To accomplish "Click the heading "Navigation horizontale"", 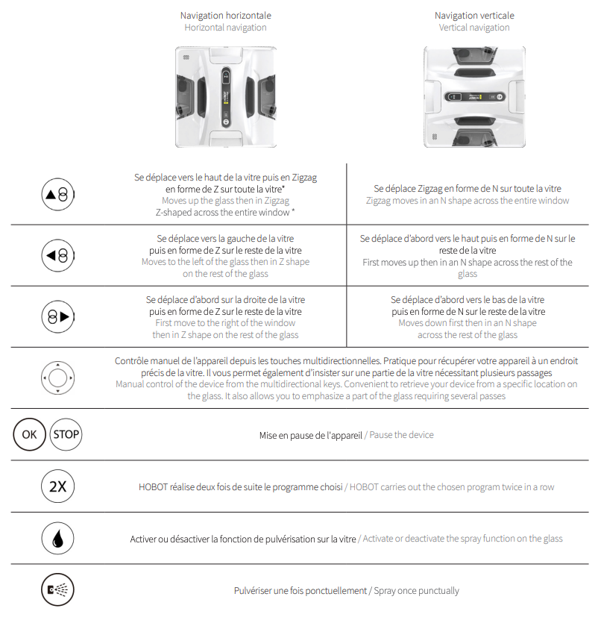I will pos(225,15).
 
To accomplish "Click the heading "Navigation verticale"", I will pos(474,15).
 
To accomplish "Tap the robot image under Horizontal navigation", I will pos(226,97).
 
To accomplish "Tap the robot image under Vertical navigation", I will pos(474,97).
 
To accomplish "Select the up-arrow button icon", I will pos(57,195).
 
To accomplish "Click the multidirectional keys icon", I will pos(57,378).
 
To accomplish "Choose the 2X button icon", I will pos(57,487).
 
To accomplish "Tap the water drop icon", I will pos(57,539).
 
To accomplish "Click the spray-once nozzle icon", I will pos(57,591).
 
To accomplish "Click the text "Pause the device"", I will pos(401,435).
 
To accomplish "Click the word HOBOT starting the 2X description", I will pos(154,487).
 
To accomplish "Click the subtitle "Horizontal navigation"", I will pos(225,28).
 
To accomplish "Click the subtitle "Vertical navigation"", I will pos(474,28).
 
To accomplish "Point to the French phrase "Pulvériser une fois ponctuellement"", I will pos(300,591).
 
